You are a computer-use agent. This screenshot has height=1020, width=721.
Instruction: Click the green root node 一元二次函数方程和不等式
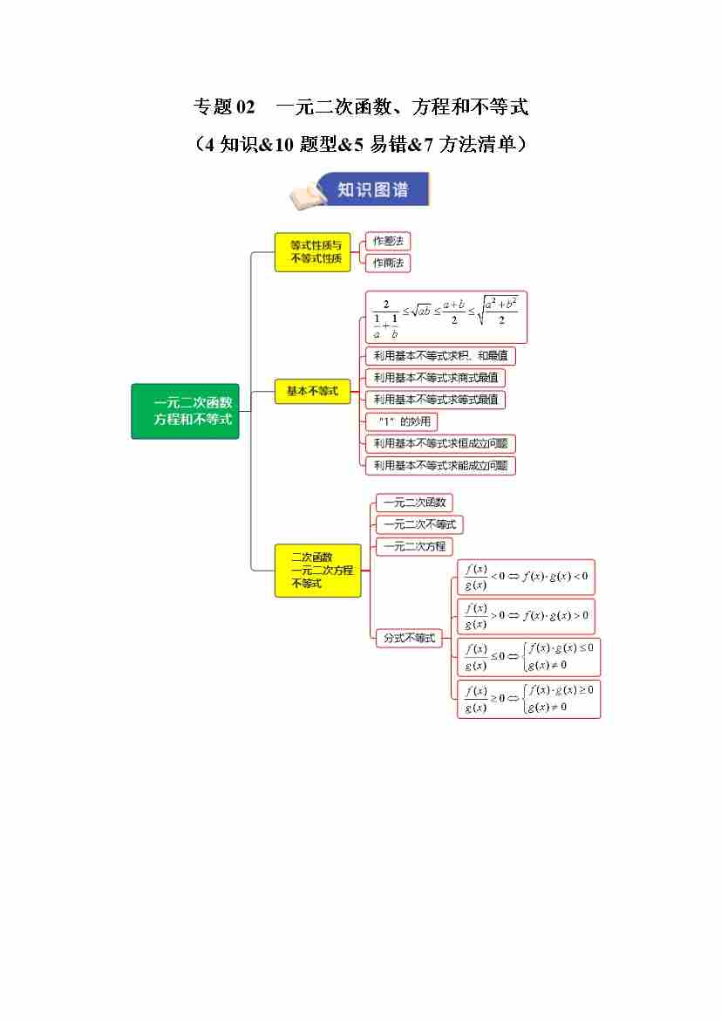(185, 410)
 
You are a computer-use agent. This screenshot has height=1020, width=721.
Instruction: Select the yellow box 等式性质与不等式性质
(312, 252)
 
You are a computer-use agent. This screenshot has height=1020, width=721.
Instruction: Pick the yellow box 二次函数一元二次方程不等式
(317, 570)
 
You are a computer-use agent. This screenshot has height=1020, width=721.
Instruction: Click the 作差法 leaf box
(388, 241)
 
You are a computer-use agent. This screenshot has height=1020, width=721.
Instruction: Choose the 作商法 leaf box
(388, 263)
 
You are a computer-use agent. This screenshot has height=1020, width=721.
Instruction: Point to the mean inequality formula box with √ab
(446, 317)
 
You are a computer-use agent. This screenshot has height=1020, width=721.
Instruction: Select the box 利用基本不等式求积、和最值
(440, 356)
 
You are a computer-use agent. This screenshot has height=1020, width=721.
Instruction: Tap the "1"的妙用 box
(401, 422)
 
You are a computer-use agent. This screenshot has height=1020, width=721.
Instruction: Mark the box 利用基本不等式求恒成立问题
(440, 444)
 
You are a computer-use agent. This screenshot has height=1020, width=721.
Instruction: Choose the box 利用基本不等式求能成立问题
(440, 466)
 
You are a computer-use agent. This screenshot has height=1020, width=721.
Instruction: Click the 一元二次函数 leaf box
(414, 503)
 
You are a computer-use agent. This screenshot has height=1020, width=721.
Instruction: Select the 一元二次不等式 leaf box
(419, 524)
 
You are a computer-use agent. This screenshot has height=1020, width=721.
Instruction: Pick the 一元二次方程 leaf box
(414, 546)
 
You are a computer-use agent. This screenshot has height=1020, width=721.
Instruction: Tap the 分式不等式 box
(409, 638)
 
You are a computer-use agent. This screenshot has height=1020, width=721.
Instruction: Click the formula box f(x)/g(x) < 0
(526, 577)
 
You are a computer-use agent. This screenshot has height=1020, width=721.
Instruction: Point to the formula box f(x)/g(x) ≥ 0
(528, 699)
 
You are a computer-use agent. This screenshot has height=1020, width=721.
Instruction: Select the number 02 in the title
(245, 107)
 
